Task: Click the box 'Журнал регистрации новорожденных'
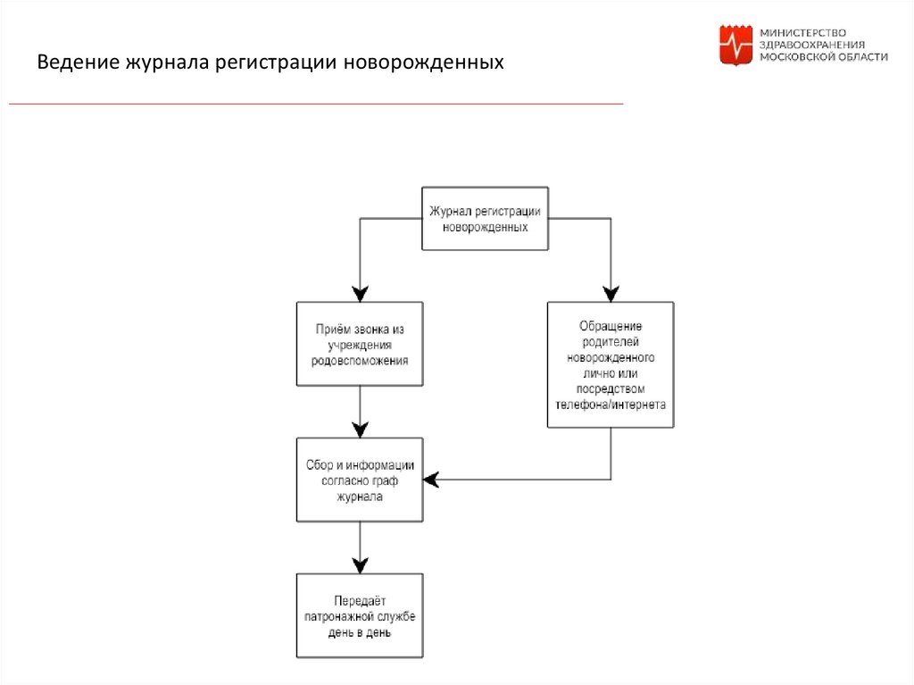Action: click(x=485, y=219)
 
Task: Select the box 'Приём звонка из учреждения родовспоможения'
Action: click(x=360, y=345)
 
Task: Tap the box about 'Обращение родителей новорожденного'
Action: click(x=611, y=364)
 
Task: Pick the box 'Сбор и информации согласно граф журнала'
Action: click(x=360, y=480)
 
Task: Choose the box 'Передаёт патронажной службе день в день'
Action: click(x=360, y=615)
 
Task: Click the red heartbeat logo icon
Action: click(x=736, y=44)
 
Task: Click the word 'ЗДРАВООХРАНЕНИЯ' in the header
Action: click(x=811, y=44)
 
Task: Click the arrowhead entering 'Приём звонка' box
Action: click(x=360, y=294)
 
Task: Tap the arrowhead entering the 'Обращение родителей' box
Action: click(x=611, y=294)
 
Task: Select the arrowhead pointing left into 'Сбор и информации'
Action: click(x=432, y=480)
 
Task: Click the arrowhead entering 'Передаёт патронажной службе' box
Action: click(x=360, y=564)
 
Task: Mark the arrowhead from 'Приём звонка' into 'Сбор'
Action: click(x=360, y=429)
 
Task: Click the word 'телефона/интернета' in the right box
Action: click(x=611, y=404)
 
